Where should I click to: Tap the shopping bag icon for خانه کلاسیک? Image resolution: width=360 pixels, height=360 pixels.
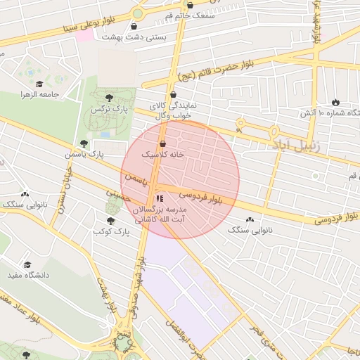162,143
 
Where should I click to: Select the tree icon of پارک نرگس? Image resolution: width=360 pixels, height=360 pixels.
108,98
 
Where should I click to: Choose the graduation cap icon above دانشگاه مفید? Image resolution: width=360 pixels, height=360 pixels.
27,265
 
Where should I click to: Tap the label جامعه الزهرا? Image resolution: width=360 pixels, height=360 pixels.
38,94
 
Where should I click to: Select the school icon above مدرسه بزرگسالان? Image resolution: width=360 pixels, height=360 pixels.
158,199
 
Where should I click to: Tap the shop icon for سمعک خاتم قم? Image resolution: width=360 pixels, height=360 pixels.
190,6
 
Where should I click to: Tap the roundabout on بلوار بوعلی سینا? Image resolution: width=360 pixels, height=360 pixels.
138,13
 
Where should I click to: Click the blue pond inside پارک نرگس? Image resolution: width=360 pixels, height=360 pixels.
105,134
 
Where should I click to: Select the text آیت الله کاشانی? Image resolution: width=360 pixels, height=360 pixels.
163,220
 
